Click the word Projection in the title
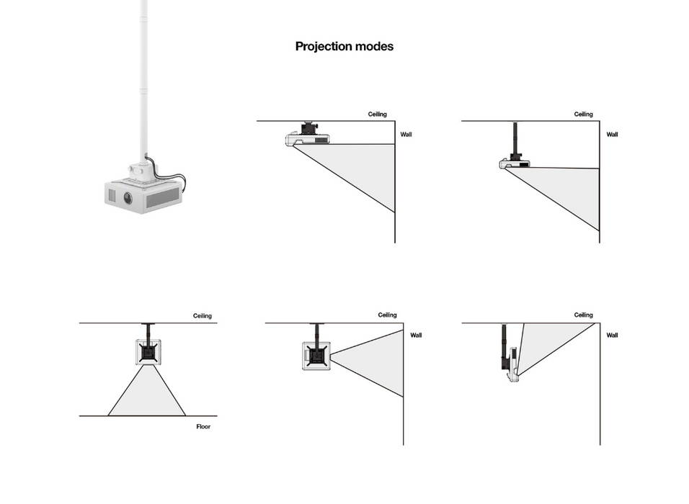[x=323, y=47]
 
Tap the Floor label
[x=203, y=427]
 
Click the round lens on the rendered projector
[x=128, y=198]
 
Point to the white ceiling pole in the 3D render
[x=143, y=72]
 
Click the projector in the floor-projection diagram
[x=148, y=352]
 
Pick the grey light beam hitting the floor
[x=147, y=396]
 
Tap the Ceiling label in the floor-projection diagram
[x=202, y=316]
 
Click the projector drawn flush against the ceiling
[x=308, y=138]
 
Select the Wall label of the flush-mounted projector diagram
[x=406, y=135]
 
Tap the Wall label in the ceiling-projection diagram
[x=612, y=336]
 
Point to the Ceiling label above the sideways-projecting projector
[x=387, y=315]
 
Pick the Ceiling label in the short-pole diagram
[x=583, y=114]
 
